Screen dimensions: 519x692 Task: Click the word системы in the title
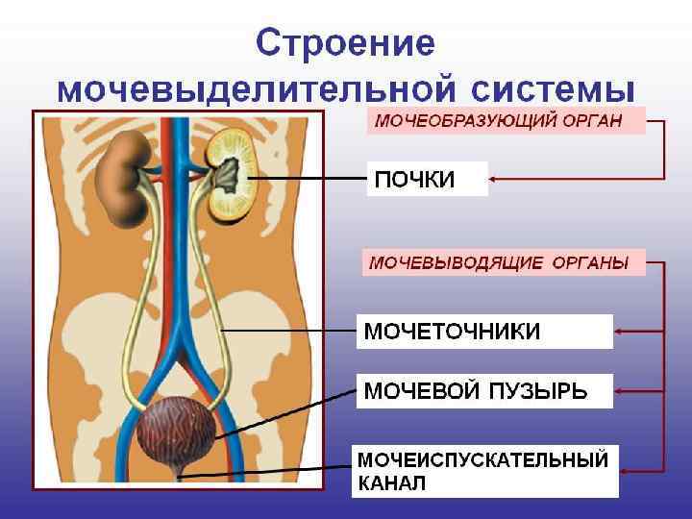tap(553, 89)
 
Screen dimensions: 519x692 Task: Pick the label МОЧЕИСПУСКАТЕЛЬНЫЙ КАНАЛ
tap(484, 470)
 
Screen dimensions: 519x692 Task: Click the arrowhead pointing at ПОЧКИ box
tap(494, 178)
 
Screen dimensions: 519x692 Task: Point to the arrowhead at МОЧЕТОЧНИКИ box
tap(618, 332)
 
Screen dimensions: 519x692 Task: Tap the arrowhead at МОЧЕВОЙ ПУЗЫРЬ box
tap(618, 390)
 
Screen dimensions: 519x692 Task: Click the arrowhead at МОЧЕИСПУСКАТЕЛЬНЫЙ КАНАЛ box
tap(625, 470)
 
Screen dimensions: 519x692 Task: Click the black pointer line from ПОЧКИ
tap(308, 178)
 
